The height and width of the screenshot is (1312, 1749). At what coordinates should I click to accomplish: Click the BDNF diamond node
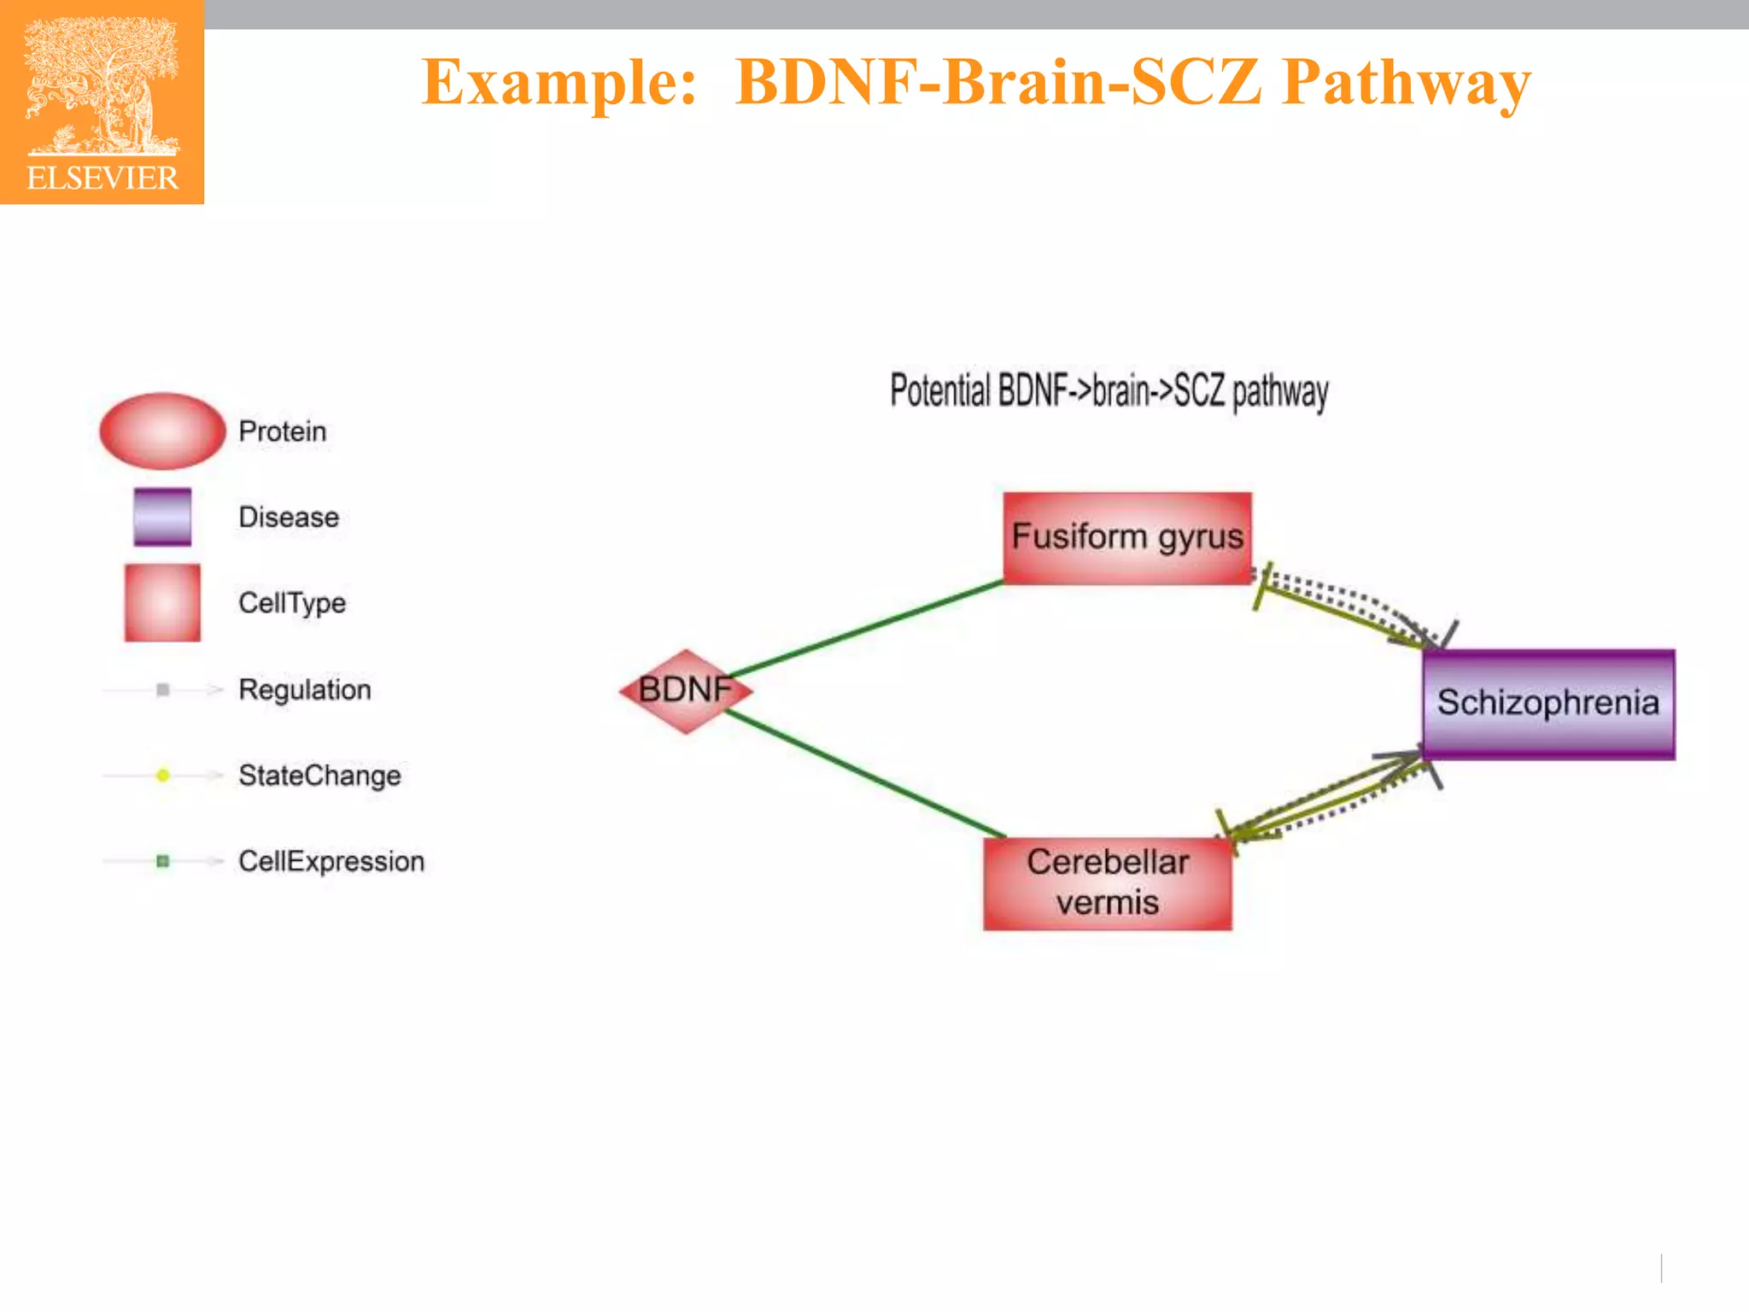coord(686,690)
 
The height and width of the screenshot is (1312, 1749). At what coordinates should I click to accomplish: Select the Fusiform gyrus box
coord(1127,538)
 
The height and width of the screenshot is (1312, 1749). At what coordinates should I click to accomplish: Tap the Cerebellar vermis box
coord(1108,883)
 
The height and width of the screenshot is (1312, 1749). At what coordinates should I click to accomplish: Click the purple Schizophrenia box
coord(1548,704)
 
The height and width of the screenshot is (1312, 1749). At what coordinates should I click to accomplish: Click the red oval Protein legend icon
coord(162,431)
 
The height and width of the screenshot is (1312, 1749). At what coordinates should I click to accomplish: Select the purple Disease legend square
coord(162,517)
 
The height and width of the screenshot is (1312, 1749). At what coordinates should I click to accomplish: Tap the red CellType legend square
coord(162,602)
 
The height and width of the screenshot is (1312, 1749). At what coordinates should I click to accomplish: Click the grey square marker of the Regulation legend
coord(163,689)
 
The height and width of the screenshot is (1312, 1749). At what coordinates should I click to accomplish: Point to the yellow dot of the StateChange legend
coord(163,776)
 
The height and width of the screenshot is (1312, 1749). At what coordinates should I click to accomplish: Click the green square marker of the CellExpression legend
coord(163,861)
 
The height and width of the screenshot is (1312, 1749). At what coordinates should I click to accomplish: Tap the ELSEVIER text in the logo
coord(102,179)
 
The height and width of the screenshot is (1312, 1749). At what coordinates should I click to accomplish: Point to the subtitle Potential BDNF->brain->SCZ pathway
coord(1108,392)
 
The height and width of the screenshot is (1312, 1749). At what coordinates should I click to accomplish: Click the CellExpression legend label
coord(331,861)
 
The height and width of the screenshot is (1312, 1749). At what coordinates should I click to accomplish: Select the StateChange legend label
coord(319,776)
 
